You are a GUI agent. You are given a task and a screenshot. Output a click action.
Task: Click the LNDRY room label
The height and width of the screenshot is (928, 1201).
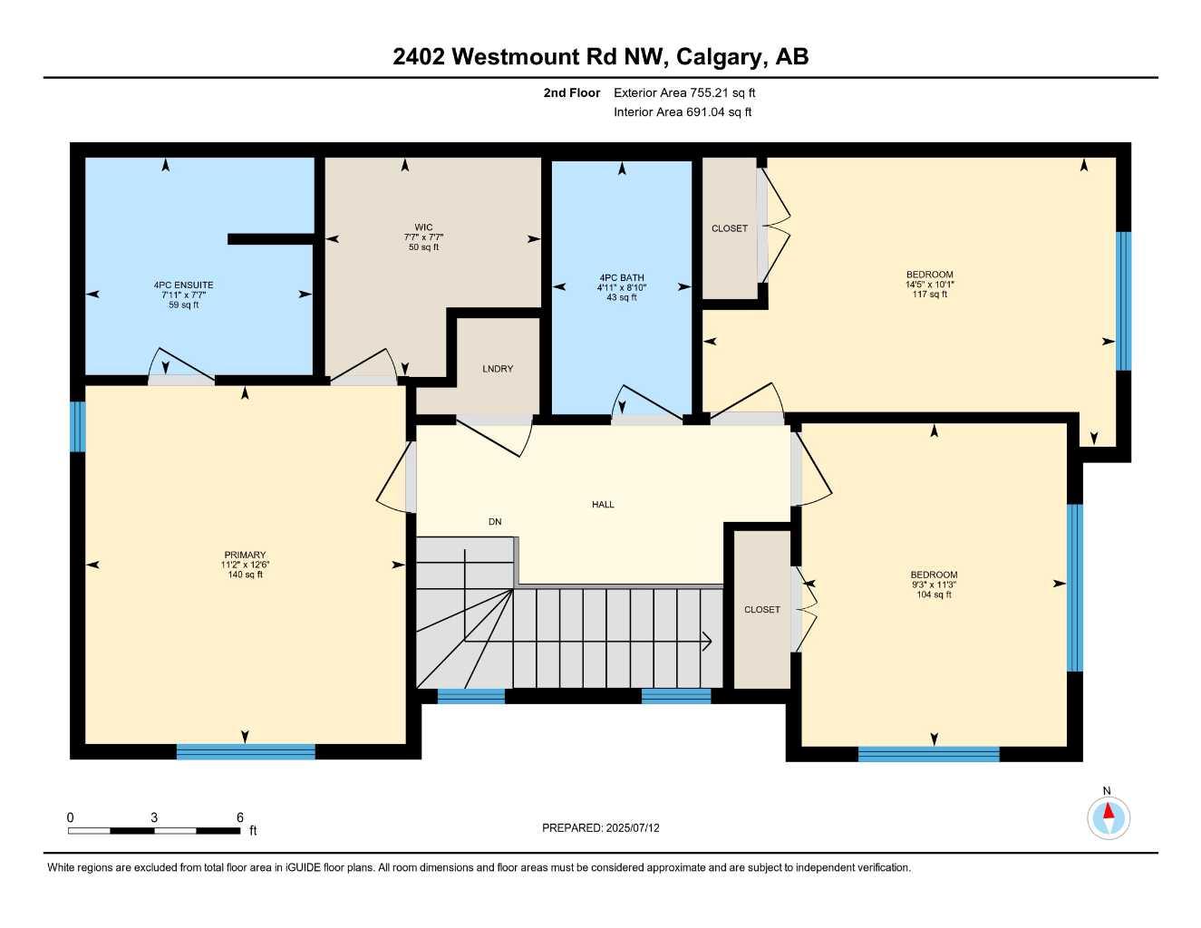tap(498, 369)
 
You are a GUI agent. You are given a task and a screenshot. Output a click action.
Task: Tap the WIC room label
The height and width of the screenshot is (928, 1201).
tap(423, 227)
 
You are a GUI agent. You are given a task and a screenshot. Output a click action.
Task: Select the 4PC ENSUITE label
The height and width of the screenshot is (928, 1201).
tap(183, 285)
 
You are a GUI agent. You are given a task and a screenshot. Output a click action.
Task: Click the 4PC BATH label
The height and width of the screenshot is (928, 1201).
tap(621, 278)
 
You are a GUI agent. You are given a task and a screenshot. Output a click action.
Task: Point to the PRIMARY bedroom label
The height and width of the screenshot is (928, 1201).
tap(245, 555)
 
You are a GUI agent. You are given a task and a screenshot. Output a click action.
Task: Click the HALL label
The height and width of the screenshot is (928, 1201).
tap(603, 505)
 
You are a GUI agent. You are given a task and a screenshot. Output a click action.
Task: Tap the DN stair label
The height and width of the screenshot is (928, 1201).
tap(495, 522)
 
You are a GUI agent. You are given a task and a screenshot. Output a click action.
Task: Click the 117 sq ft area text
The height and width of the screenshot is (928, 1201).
tap(930, 295)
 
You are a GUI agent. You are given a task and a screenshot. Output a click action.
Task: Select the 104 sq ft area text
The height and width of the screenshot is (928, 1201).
tap(934, 594)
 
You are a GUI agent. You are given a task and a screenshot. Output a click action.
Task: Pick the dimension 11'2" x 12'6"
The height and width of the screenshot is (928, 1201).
tap(245, 565)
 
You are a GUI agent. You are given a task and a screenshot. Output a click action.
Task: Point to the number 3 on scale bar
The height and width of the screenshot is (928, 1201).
tap(154, 817)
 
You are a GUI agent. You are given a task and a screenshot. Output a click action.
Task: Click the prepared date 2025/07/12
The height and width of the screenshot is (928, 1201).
tap(634, 827)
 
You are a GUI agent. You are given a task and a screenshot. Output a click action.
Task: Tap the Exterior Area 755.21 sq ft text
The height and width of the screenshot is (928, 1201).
tap(684, 92)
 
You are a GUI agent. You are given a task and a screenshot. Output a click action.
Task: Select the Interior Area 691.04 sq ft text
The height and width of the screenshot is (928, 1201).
tap(683, 112)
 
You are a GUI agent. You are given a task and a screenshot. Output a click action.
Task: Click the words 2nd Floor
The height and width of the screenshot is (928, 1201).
tap(571, 92)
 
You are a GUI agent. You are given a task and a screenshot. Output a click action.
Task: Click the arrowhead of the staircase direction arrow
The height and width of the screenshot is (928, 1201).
tap(707, 642)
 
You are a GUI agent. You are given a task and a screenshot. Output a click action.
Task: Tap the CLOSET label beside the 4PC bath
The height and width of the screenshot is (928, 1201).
tap(730, 228)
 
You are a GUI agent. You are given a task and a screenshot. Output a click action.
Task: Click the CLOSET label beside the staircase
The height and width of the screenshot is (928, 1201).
tap(761, 610)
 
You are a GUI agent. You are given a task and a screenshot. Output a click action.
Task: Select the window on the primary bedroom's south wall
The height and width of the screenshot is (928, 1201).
tap(246, 751)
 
